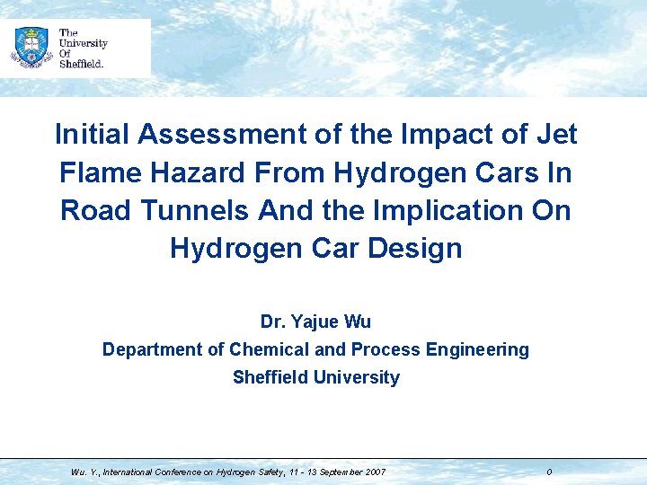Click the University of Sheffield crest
(31, 47)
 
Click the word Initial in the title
(93, 135)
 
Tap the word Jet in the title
(556, 135)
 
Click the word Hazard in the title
(203, 172)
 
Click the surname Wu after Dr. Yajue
(359, 322)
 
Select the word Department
(153, 349)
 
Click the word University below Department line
(356, 377)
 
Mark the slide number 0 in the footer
(549, 472)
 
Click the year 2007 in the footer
(376, 472)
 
